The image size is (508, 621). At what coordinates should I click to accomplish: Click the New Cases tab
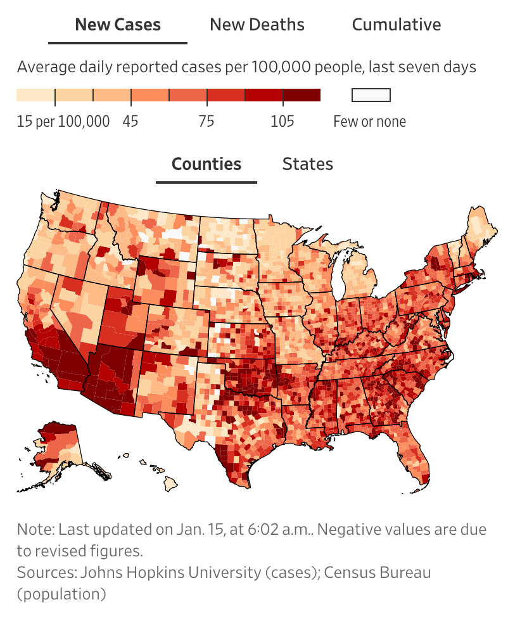[118, 25]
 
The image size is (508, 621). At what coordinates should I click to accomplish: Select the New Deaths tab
[257, 25]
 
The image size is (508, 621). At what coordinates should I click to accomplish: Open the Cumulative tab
[396, 25]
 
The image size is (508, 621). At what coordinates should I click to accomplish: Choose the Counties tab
[206, 164]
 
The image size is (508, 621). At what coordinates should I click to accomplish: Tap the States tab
[307, 164]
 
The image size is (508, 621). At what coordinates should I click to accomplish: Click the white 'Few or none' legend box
[371, 95]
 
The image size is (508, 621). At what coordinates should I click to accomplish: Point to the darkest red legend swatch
[302, 95]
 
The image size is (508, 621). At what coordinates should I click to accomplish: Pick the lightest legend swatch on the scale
[35, 95]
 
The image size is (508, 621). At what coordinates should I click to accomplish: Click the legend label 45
[130, 121]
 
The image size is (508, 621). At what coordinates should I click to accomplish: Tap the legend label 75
[206, 121]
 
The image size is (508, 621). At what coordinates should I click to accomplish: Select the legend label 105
[283, 121]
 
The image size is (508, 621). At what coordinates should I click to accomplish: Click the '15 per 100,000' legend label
[63, 121]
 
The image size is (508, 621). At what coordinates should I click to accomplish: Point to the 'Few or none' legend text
[369, 121]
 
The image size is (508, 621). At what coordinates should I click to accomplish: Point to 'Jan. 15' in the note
[191, 529]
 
